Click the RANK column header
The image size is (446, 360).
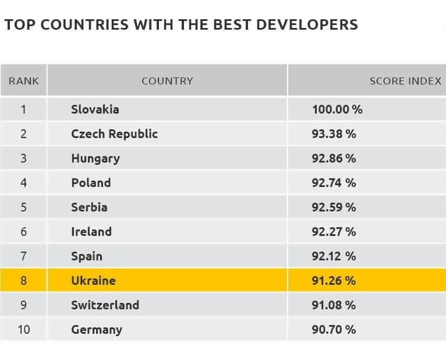click(x=23, y=81)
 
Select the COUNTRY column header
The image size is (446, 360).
click(x=167, y=81)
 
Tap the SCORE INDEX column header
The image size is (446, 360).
click(x=405, y=81)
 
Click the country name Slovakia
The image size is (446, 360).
click(x=95, y=110)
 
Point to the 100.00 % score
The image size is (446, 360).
click(x=337, y=110)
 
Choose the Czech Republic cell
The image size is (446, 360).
click(x=114, y=134)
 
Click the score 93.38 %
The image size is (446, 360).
click(x=334, y=134)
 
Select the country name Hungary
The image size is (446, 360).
click(x=95, y=158)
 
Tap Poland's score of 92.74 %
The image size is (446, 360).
click(x=334, y=183)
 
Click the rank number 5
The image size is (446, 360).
click(x=23, y=207)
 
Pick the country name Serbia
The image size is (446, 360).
click(x=89, y=207)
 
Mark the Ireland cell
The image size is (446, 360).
click(x=91, y=232)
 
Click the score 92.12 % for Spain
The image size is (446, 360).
click(x=334, y=256)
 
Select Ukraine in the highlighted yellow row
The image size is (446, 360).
click(x=93, y=281)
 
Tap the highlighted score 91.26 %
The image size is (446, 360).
click(x=334, y=281)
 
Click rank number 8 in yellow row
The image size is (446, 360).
click(x=23, y=281)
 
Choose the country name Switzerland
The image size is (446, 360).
click(x=105, y=305)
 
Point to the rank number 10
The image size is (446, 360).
click(x=23, y=330)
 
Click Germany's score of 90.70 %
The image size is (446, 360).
click(x=334, y=330)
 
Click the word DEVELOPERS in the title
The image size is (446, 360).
click(x=309, y=25)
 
